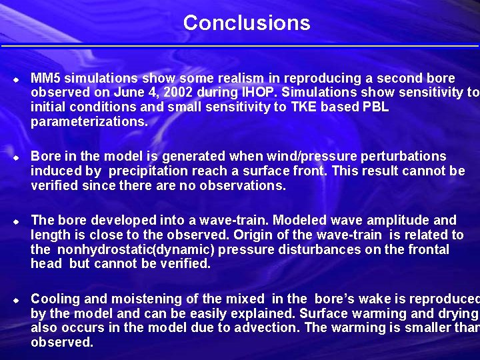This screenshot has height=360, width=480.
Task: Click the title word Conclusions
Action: [x=247, y=23]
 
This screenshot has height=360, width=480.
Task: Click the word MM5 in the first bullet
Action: [x=45, y=79]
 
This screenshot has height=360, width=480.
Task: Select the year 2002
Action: [x=167, y=93]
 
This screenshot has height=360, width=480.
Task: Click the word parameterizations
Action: [x=88, y=122]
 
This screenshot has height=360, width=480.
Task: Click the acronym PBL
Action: [x=375, y=107]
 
